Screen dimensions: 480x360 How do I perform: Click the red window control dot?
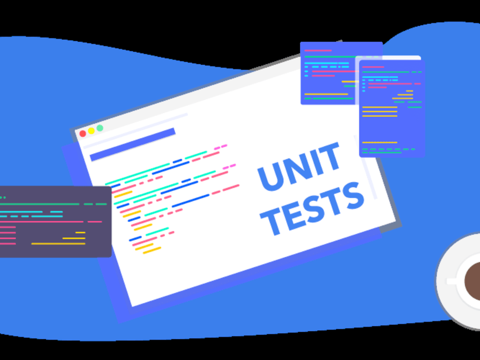[x=83, y=134]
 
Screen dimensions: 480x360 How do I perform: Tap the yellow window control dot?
[x=91, y=131]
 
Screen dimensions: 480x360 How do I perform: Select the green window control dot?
[x=100, y=128]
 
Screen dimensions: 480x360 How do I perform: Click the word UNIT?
[x=299, y=166]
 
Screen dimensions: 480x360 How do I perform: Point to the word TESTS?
[x=312, y=209]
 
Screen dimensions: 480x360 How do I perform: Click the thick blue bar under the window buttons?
[x=132, y=144]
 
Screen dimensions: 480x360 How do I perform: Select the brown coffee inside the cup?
[x=473, y=281]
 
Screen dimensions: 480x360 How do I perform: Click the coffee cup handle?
[x=451, y=281]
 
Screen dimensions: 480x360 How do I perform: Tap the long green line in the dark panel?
[x=39, y=204]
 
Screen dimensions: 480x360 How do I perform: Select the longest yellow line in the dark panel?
[x=58, y=244]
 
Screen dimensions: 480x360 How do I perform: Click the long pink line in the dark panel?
[x=42, y=222]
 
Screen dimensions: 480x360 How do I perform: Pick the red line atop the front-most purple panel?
[x=373, y=67]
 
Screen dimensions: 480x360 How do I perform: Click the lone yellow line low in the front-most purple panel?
[x=380, y=143]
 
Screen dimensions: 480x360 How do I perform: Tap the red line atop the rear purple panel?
[x=318, y=50]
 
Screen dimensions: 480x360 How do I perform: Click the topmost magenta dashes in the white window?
[x=220, y=147]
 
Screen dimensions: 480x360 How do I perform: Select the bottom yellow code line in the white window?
[x=152, y=251]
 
